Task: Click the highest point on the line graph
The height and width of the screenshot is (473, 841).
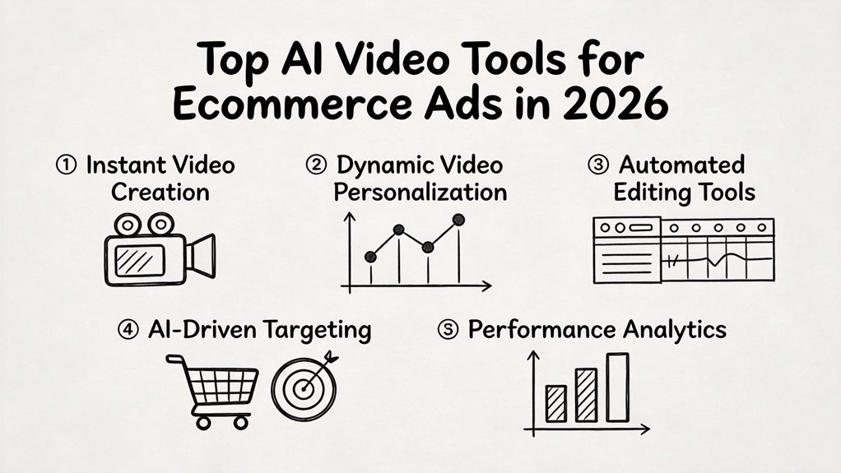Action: [x=458, y=220]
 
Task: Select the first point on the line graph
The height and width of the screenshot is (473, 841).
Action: [x=371, y=257]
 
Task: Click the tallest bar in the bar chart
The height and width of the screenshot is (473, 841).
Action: [x=617, y=387]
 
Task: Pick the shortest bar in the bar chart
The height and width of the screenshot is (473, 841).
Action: [x=556, y=403]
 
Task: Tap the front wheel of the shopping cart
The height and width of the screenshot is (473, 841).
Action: [x=239, y=421]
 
